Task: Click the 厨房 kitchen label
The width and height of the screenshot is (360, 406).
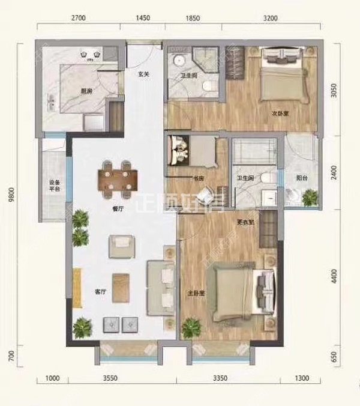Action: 86,91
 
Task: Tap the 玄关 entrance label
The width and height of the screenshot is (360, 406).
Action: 143,75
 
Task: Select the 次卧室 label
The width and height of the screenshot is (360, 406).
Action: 277,111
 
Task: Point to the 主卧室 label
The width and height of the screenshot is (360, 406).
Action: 196,294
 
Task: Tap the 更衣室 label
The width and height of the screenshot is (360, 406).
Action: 245,222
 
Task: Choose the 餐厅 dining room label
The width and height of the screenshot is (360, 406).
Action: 118,210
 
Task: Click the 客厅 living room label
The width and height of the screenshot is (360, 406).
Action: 100,292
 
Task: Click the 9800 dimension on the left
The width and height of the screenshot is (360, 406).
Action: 11,196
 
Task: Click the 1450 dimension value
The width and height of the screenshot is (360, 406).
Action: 142,19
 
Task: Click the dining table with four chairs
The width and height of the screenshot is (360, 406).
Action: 118,178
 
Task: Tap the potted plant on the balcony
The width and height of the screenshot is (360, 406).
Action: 310,196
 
